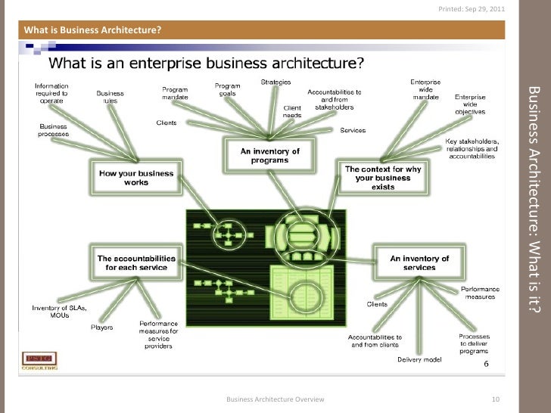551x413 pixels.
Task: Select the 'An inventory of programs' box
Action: click(270, 156)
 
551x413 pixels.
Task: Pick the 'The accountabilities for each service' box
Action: click(137, 262)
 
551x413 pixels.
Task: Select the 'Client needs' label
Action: click(292, 110)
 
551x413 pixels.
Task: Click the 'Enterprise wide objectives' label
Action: click(470, 104)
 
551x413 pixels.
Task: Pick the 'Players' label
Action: click(103, 328)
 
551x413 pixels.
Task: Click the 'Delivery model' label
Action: click(419, 359)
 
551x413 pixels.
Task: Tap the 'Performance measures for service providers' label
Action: click(158, 334)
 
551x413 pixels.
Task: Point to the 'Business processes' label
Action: click(54, 129)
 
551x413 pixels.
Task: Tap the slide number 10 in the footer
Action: click(497, 399)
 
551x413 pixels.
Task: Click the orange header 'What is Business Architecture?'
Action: click(94, 30)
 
